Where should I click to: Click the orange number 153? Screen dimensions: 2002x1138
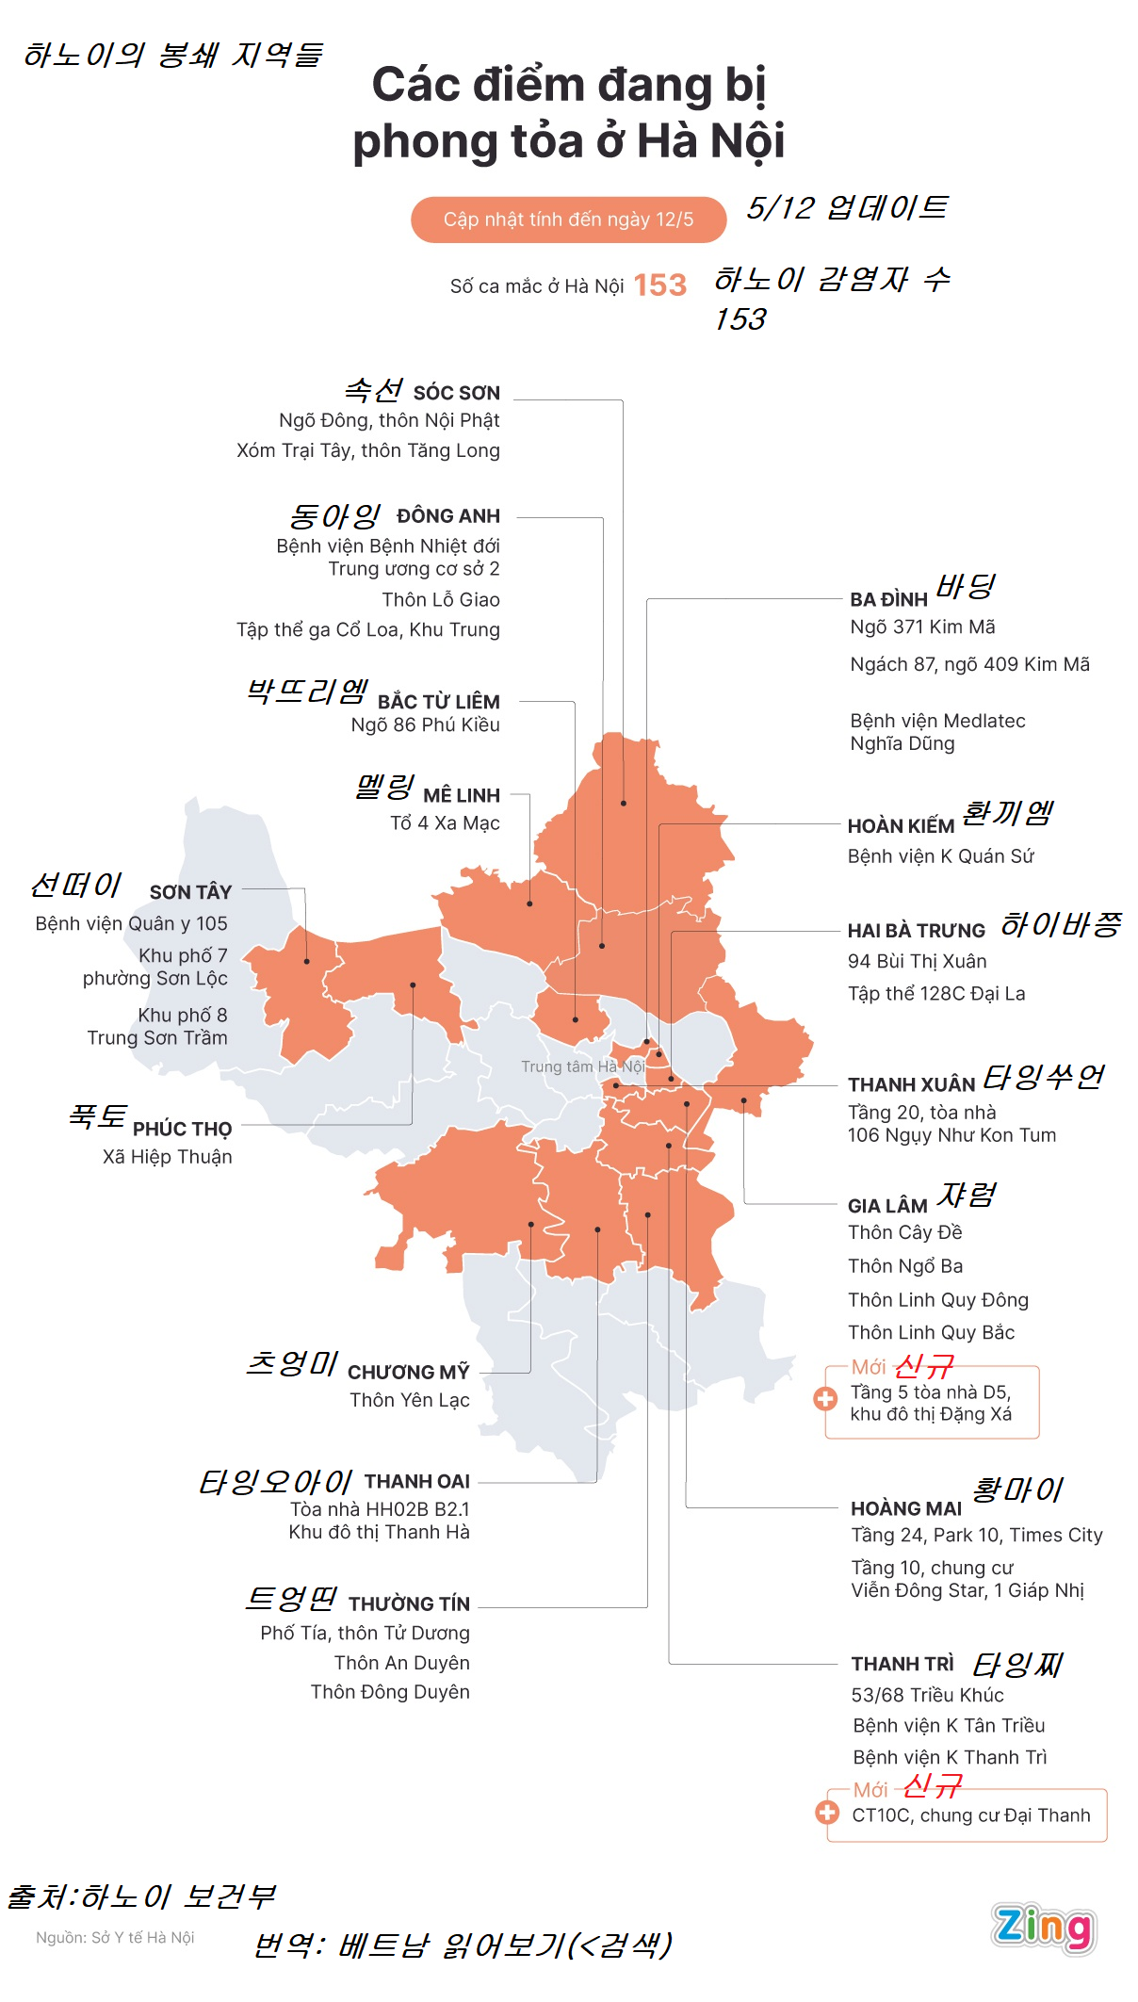tap(659, 285)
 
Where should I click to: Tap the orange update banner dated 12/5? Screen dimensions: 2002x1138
tap(568, 220)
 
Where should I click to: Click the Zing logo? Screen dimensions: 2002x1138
tap(1043, 1927)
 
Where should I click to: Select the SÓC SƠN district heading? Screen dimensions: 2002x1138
tap(456, 393)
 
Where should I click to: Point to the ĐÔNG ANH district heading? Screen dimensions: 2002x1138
tap(447, 516)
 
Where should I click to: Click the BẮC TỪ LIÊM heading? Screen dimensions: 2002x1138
tap(438, 702)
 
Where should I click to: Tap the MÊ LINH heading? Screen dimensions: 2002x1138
tap(461, 796)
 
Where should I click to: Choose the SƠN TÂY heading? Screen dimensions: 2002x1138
tap(190, 892)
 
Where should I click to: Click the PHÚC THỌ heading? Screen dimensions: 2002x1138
tap(182, 1129)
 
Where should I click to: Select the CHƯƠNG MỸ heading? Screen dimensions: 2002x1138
tap(408, 1373)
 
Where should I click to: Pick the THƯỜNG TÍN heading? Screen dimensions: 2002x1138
tap(409, 1603)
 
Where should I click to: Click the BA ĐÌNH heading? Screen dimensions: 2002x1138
tap(888, 600)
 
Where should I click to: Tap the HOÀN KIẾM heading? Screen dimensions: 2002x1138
tap(901, 826)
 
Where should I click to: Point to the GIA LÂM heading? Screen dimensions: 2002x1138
tap(887, 1206)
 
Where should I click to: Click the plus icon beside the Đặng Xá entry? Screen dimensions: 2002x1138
tap(825, 1399)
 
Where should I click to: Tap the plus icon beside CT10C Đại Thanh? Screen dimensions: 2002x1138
tap(827, 1812)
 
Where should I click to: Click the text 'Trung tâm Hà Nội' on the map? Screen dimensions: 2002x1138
tap(582, 1066)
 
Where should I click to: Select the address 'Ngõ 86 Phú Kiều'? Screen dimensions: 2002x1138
tap(425, 725)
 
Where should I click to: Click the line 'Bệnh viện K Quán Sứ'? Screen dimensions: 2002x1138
tap(940, 856)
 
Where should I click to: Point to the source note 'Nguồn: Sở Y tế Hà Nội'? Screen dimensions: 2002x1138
tap(115, 1937)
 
